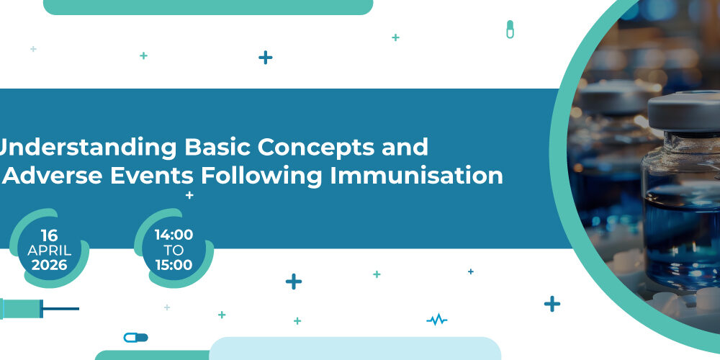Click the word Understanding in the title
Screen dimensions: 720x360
87,148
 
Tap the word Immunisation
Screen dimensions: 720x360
416,176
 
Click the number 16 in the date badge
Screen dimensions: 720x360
49,235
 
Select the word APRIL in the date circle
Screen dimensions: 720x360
49,251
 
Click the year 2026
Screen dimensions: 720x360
49,265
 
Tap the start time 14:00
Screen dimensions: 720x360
174,235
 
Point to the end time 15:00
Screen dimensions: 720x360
174,265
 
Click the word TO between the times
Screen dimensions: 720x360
174,251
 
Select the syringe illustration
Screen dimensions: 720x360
39,309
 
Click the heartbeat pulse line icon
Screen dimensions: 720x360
437,319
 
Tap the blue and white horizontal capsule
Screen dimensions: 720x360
136,338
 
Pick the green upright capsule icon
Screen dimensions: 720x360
510,30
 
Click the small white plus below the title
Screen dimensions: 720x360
189,196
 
